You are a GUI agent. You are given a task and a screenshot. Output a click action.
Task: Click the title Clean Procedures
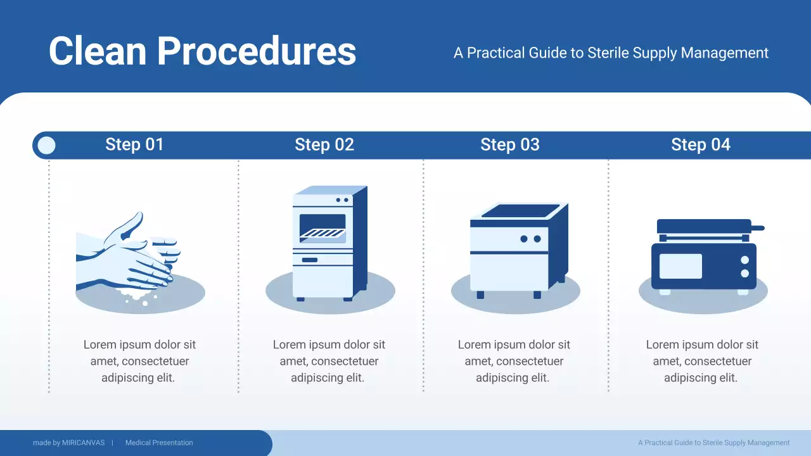[202, 51]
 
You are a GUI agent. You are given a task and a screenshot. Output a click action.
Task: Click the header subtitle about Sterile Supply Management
[611, 53]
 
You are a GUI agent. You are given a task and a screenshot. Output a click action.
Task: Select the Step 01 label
[134, 145]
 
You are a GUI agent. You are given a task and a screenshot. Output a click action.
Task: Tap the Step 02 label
[324, 145]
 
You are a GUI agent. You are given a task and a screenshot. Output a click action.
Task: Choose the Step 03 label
[510, 145]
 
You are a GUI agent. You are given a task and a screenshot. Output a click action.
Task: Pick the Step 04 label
[701, 145]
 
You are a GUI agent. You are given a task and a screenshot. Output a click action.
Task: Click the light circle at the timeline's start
[47, 146]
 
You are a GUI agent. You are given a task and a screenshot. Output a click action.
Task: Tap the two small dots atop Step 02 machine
[342, 200]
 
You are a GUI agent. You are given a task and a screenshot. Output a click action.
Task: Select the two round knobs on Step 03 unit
[530, 239]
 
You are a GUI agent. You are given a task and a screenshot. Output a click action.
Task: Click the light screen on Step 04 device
[680, 266]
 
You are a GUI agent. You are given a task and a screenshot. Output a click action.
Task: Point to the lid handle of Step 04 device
[757, 227]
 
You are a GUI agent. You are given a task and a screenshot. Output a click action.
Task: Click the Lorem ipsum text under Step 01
[139, 361]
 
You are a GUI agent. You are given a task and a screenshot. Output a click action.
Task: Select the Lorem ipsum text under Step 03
[514, 361]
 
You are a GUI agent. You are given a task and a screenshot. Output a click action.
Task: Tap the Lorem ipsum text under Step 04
[702, 361]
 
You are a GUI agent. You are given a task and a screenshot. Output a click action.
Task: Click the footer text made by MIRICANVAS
[68, 443]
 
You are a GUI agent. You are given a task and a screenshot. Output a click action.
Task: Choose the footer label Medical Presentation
[159, 443]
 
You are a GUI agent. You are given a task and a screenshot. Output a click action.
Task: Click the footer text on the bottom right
[713, 443]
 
